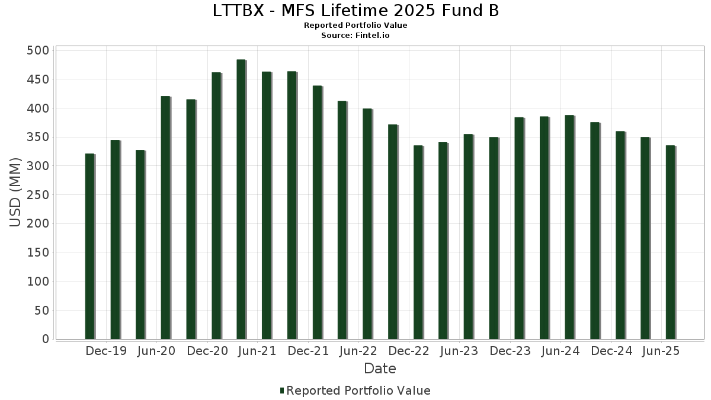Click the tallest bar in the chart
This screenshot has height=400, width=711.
241,199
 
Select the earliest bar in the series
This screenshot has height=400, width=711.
89,247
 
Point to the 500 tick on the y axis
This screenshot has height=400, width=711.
38,50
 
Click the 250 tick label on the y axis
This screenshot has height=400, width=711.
38,195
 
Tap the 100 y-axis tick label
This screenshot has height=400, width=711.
38,281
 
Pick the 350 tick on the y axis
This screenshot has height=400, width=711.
38,137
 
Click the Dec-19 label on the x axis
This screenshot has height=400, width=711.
106,351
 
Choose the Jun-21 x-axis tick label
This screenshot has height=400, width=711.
257,351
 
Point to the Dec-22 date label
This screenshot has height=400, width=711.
409,351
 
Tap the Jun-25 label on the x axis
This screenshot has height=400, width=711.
661,351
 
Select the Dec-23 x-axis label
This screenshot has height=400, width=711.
510,351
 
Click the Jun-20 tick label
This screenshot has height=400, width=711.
156,351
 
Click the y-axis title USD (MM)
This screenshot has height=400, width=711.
16,193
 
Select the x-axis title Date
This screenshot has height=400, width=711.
380,369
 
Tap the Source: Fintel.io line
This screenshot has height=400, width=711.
355,36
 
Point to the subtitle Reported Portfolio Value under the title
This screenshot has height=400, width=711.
355,25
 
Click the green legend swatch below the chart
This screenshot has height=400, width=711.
282,391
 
